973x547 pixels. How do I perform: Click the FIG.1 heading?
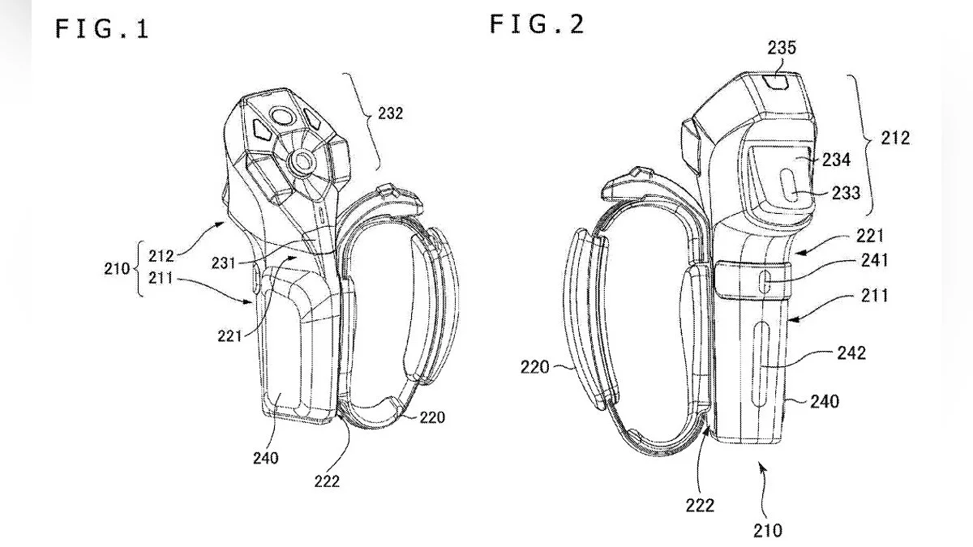click(102, 29)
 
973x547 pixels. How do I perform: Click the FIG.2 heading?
click(537, 24)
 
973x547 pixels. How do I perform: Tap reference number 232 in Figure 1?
click(391, 113)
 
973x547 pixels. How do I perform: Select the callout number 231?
click(223, 263)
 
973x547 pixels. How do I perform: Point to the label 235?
click(782, 48)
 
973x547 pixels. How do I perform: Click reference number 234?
click(836, 160)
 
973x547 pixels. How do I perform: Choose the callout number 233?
click(847, 193)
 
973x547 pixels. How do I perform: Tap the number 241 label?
click(874, 260)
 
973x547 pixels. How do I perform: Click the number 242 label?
click(852, 353)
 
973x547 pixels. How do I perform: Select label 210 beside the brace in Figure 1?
click(117, 269)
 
